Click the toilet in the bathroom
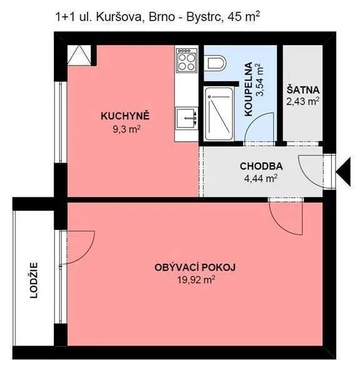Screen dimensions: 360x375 pyautogui.click(x=217, y=63)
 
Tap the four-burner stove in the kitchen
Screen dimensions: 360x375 pyautogui.click(x=187, y=60)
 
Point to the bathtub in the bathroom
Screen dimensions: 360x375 pyautogui.click(x=219, y=114)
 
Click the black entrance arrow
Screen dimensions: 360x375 pyautogui.click(x=344, y=172)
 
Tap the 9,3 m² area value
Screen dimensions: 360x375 pyautogui.click(x=126, y=129)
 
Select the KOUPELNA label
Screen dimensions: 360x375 pyautogui.click(x=249, y=89)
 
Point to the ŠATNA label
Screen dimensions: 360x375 pyautogui.click(x=303, y=90)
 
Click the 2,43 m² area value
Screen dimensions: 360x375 pyautogui.click(x=303, y=101)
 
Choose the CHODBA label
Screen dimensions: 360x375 pyautogui.click(x=261, y=166)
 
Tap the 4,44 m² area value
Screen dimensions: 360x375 pyautogui.click(x=261, y=178)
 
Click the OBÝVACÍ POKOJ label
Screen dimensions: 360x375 pyautogui.click(x=195, y=267)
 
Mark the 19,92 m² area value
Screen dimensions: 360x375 pyautogui.click(x=196, y=279)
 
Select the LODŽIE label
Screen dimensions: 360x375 pyautogui.click(x=34, y=280)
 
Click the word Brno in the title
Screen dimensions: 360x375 pyautogui.click(x=162, y=17)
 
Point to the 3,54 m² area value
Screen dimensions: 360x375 pyautogui.click(x=260, y=79)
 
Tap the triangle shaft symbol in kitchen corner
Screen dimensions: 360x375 pyautogui.click(x=79, y=55)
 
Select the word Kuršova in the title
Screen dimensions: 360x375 pyautogui.click(x=119, y=17)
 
